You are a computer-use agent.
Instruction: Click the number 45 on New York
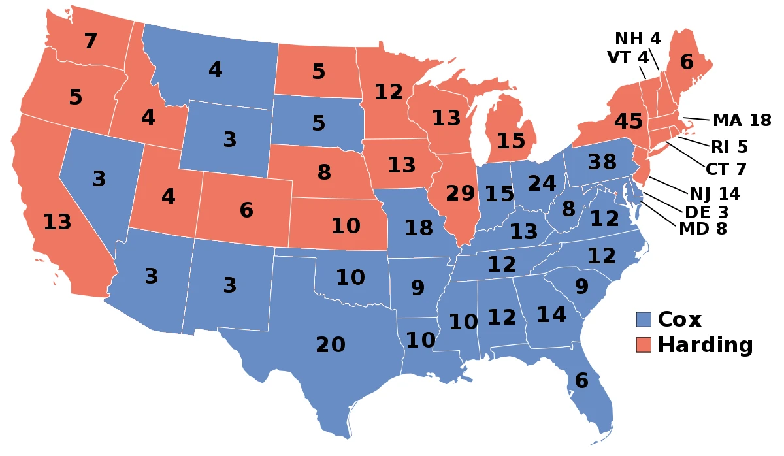tap(628, 122)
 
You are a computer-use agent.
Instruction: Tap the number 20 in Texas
tap(331, 344)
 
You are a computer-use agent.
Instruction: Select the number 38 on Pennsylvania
tap(602, 161)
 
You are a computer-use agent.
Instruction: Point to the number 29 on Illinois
tap(461, 193)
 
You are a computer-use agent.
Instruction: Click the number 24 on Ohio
tap(542, 184)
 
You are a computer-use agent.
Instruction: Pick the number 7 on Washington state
tap(90, 41)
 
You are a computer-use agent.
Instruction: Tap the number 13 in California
tap(57, 222)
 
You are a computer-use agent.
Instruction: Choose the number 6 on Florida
tap(581, 380)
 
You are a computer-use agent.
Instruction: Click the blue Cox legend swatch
tap(644, 319)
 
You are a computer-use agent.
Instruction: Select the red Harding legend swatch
tap(644, 344)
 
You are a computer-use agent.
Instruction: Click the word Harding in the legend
tap(705, 344)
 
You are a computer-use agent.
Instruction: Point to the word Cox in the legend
tap(679, 319)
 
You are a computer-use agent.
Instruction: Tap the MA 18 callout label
tap(742, 120)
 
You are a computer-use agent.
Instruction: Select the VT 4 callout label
tap(628, 57)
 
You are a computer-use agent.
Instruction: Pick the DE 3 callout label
tap(706, 212)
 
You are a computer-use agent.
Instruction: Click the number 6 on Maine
tap(686, 62)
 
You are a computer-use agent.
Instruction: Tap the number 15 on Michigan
tap(510, 140)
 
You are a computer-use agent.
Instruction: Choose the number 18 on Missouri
tap(419, 228)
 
